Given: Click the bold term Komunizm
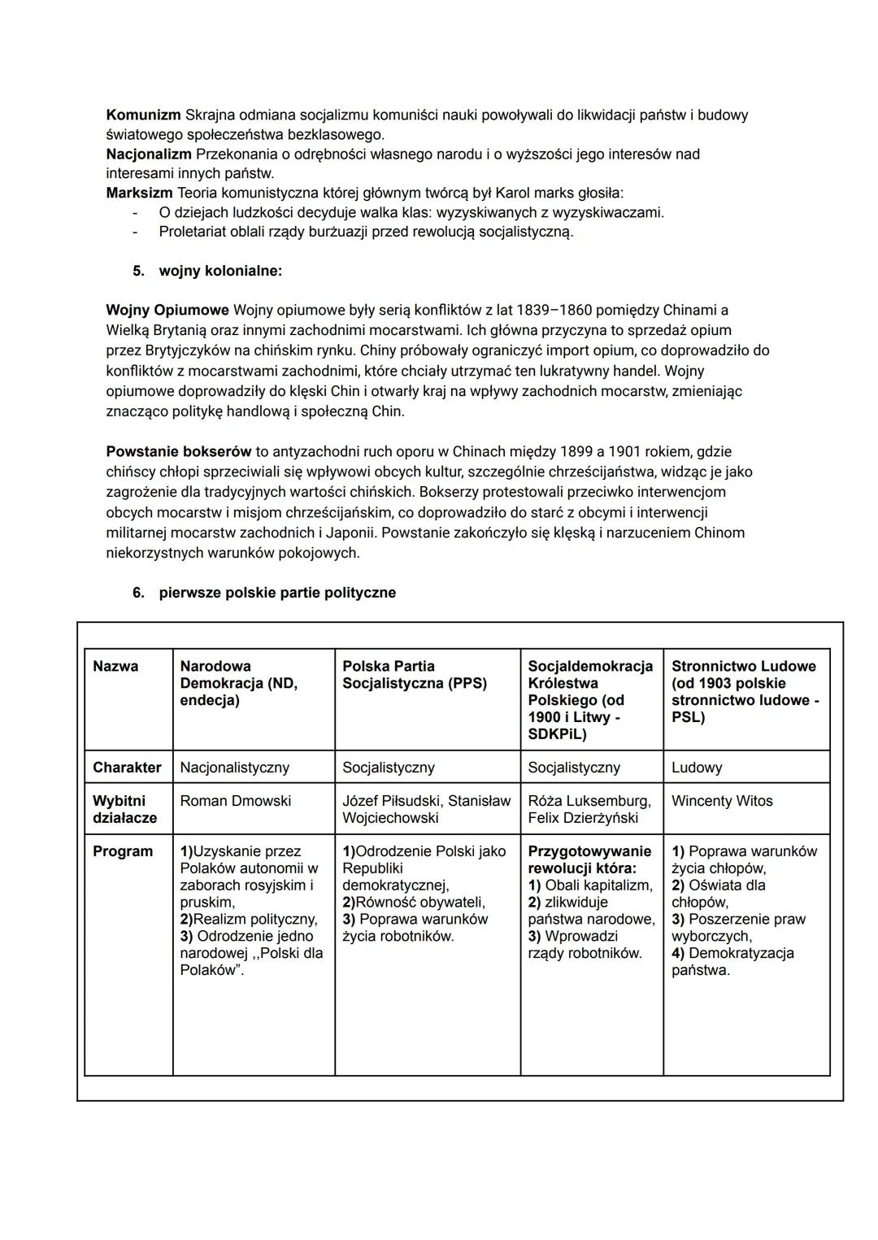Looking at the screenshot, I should coord(143,115).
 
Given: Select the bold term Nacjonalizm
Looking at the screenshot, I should coord(149,154).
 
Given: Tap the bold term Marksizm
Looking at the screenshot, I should coord(139,193).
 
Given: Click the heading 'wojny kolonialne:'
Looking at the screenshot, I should coord(220,271).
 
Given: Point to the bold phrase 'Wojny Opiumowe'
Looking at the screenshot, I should coord(167,310).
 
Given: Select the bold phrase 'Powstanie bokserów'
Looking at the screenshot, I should coord(179,451).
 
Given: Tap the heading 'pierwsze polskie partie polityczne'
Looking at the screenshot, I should coord(277,593).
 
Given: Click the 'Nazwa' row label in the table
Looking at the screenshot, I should coord(115,666).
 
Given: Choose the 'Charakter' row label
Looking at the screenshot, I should coord(127,768).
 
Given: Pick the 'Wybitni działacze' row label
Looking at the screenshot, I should coord(124,809).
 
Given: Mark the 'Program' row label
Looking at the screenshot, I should coord(123,851).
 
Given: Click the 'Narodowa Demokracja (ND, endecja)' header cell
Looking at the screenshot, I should coord(239,683).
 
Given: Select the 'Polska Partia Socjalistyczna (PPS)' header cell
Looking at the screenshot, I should coord(415,674).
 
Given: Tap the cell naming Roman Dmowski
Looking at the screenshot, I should coord(235,801).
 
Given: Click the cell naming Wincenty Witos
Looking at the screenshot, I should coord(722,801).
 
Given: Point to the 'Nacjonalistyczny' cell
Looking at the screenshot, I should coord(234,768).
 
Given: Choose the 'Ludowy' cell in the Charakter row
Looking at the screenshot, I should coord(697,768).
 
